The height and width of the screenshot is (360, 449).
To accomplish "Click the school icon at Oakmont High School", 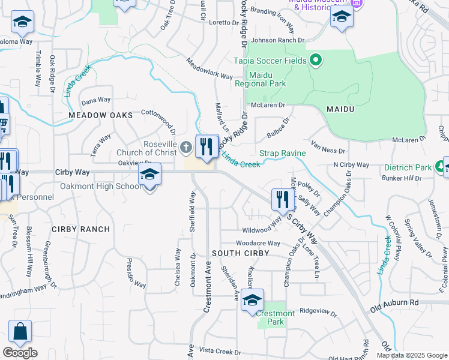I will pyautogui.click(x=149, y=175).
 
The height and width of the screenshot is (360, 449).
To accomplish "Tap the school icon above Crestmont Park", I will pyautogui.click(x=253, y=300).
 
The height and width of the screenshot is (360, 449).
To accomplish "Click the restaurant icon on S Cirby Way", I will pyautogui.click(x=282, y=199).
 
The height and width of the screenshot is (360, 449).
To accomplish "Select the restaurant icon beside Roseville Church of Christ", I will pyautogui.click(x=206, y=145).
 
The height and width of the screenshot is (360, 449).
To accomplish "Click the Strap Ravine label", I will pyautogui.click(x=282, y=154).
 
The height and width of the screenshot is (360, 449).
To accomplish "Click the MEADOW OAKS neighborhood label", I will pyautogui.click(x=100, y=115).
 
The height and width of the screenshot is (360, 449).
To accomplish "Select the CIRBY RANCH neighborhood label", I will pyautogui.click(x=81, y=229).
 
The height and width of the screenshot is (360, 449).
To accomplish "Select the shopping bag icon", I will pyautogui.click(x=20, y=331).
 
